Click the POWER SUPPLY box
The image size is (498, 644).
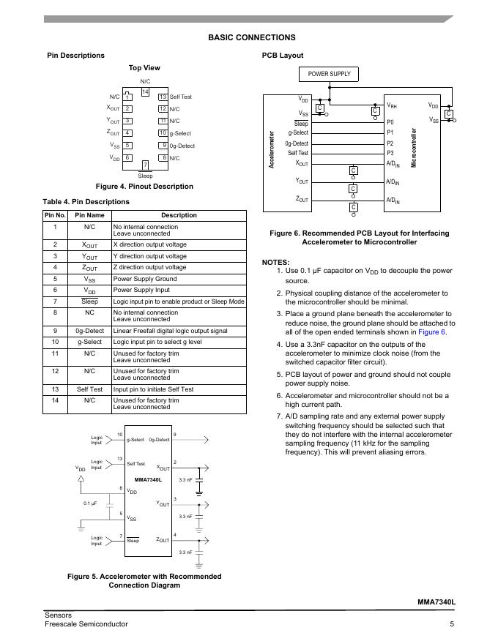(x=329, y=74)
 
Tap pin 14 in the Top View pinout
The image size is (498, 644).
(x=145, y=91)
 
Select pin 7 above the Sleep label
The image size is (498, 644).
(x=145, y=165)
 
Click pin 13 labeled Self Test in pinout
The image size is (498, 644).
(x=163, y=97)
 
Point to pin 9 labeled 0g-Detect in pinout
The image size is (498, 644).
(x=163, y=146)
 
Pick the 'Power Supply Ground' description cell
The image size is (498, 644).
(x=144, y=279)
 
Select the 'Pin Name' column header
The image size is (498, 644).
(x=89, y=215)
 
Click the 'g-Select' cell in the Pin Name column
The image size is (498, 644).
(x=89, y=342)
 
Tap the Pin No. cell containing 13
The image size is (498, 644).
(x=55, y=389)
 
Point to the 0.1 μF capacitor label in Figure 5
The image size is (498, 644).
(x=90, y=504)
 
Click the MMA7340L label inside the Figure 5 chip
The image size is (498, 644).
(x=148, y=479)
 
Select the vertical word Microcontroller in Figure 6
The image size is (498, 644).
(x=414, y=148)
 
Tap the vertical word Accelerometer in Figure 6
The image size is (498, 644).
(x=272, y=150)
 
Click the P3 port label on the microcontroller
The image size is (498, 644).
(x=390, y=153)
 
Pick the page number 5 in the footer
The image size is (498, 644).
(x=453, y=624)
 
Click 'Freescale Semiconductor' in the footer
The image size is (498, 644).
(x=86, y=624)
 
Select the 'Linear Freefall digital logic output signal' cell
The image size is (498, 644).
(x=170, y=331)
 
